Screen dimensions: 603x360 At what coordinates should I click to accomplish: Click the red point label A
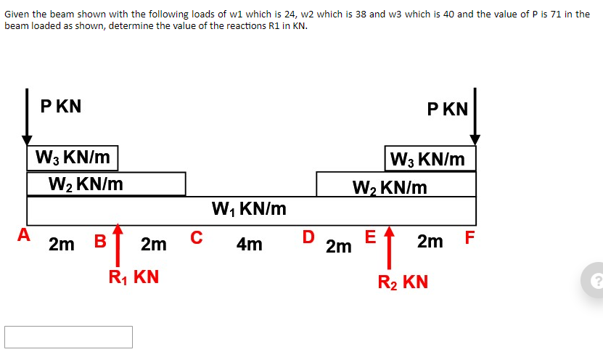click(x=24, y=234)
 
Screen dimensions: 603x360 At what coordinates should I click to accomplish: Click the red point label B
click(x=100, y=241)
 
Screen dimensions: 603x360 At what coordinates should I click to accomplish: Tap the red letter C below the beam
click(x=196, y=237)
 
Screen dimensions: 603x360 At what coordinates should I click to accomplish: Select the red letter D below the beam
click(x=308, y=237)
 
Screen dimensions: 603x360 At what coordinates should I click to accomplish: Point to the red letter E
click(x=370, y=237)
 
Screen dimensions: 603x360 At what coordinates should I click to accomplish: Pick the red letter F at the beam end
click(x=469, y=237)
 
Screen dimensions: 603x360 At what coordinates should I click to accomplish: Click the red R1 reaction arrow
click(x=118, y=245)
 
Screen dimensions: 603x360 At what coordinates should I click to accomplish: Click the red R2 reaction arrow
click(x=389, y=247)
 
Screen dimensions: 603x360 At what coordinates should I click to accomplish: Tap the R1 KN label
click(x=134, y=277)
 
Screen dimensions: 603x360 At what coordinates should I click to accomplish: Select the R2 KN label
click(x=403, y=282)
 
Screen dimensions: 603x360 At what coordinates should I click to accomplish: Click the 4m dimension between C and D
click(x=249, y=244)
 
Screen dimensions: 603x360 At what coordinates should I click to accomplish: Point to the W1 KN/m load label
click(x=249, y=209)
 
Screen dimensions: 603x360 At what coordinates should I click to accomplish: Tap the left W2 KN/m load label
click(x=86, y=184)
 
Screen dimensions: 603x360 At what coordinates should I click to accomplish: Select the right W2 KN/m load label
click(x=390, y=188)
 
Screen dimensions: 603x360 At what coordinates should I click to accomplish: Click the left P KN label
click(x=61, y=106)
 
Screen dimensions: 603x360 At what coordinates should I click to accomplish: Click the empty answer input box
click(x=68, y=337)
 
